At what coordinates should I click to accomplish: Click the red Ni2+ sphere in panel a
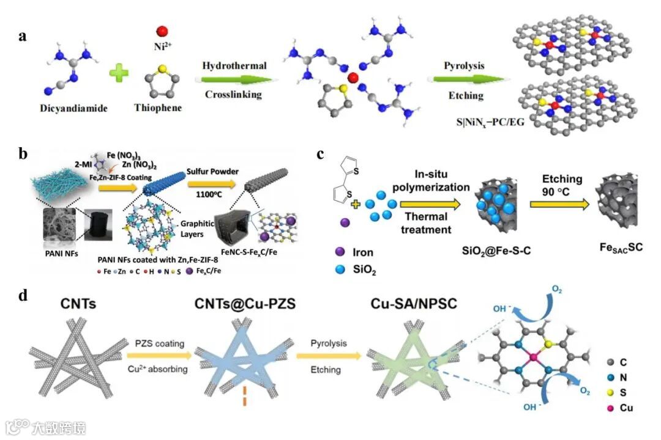pos(162,31)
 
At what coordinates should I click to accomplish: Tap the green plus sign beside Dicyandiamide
pos(118,74)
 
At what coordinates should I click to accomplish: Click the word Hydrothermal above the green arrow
pos(234,65)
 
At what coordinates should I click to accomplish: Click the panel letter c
pos(321,155)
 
